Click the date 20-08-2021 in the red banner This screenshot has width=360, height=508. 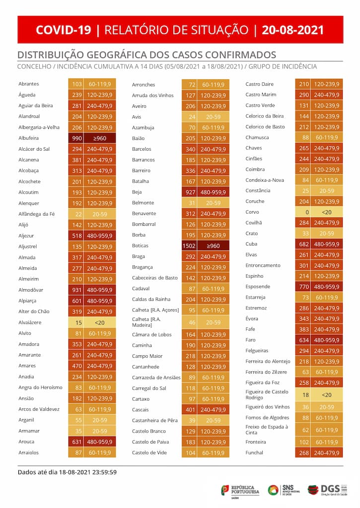point(292,30)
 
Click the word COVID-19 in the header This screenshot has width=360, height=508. point(64,30)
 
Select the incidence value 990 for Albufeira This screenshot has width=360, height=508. point(77,138)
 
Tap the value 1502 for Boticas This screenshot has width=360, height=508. point(189,246)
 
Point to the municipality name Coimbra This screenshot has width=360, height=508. point(255,170)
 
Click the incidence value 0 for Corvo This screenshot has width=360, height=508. point(307,212)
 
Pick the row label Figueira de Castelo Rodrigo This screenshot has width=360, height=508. point(267,394)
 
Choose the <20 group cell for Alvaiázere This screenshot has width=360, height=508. point(100,322)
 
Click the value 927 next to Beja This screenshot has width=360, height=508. point(190,192)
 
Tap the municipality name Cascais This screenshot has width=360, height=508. point(140,410)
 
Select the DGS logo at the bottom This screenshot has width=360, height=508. point(327,490)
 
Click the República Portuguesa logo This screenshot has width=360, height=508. point(240,491)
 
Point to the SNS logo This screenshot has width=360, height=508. point(284,490)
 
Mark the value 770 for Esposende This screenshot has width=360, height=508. point(304,287)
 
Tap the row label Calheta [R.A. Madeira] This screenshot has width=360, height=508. point(146,322)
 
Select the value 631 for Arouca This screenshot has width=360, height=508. point(77,442)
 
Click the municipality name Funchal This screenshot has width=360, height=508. point(254,453)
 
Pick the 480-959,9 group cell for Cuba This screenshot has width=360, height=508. point(327,244)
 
